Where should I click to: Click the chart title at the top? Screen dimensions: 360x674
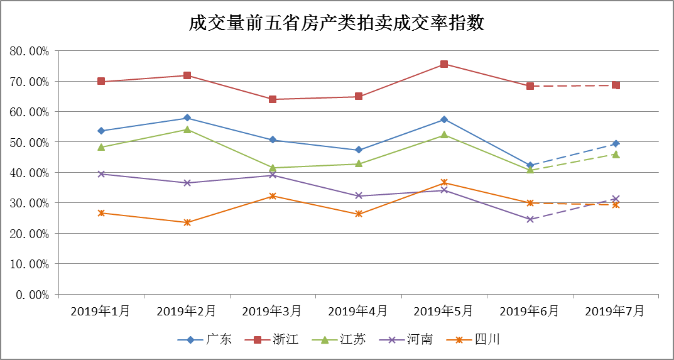(x=337, y=23)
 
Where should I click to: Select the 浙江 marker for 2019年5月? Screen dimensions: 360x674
(x=444, y=64)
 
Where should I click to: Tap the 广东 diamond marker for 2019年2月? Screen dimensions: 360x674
(x=187, y=118)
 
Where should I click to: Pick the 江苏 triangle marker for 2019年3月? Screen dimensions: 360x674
(x=273, y=168)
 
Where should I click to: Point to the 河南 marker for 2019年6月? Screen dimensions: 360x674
(x=530, y=219)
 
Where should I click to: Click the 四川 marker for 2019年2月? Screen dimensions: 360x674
(x=187, y=222)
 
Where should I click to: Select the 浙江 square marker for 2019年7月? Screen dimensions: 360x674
(x=616, y=85)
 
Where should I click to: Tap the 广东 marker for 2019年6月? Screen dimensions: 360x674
(x=530, y=166)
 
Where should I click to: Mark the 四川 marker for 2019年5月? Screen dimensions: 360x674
(x=444, y=183)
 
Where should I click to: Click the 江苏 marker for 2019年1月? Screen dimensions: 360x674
(x=101, y=147)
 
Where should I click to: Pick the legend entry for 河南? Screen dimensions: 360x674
(x=409, y=340)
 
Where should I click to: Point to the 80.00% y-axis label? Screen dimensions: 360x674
(x=30, y=51)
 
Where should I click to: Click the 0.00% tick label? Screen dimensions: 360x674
(x=33, y=294)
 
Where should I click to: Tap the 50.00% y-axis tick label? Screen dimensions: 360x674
(x=30, y=142)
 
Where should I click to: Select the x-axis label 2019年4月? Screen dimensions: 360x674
(x=358, y=311)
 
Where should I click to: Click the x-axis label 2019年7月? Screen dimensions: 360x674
(x=616, y=311)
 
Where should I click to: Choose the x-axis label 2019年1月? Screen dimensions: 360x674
(x=101, y=311)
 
